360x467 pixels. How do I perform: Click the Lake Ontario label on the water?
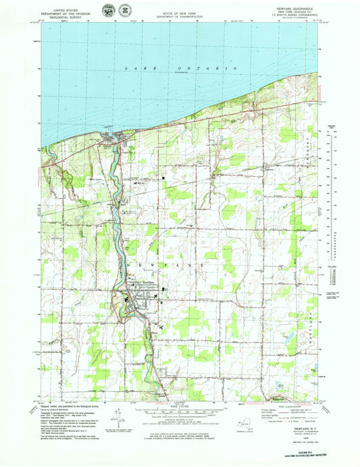pos(180,69)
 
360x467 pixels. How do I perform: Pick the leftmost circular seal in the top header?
pos(107,9)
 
